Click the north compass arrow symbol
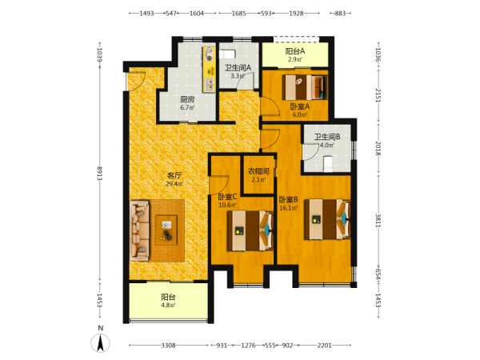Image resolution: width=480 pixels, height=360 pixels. (x=100, y=343)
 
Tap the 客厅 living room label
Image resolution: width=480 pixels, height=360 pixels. (x=174, y=175)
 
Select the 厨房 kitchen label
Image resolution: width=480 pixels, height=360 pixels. (x=187, y=99)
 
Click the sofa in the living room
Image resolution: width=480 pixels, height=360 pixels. (x=139, y=230)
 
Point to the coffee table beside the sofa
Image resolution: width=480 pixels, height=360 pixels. (x=166, y=230)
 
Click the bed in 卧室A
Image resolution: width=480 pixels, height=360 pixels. (x=305, y=87)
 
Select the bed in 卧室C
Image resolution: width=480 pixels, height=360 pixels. (x=250, y=230)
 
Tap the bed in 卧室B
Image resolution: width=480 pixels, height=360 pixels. (x=327, y=219)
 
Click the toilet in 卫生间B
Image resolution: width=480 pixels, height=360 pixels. (x=328, y=164)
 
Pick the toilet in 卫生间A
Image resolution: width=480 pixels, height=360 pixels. (x=227, y=54)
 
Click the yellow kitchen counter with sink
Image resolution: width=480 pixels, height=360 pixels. (x=209, y=69)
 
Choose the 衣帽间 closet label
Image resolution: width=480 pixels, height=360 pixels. (x=258, y=171)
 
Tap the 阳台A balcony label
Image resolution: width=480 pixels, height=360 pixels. (x=295, y=51)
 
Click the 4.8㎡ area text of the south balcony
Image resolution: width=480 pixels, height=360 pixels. (x=168, y=306)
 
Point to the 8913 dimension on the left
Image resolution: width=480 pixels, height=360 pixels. (x=99, y=173)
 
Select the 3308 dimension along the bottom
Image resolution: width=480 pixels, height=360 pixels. (x=168, y=346)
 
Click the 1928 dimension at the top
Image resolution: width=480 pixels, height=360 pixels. (x=296, y=13)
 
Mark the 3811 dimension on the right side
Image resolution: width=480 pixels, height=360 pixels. (x=378, y=221)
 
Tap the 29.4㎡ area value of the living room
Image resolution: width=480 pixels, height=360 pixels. (x=174, y=184)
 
